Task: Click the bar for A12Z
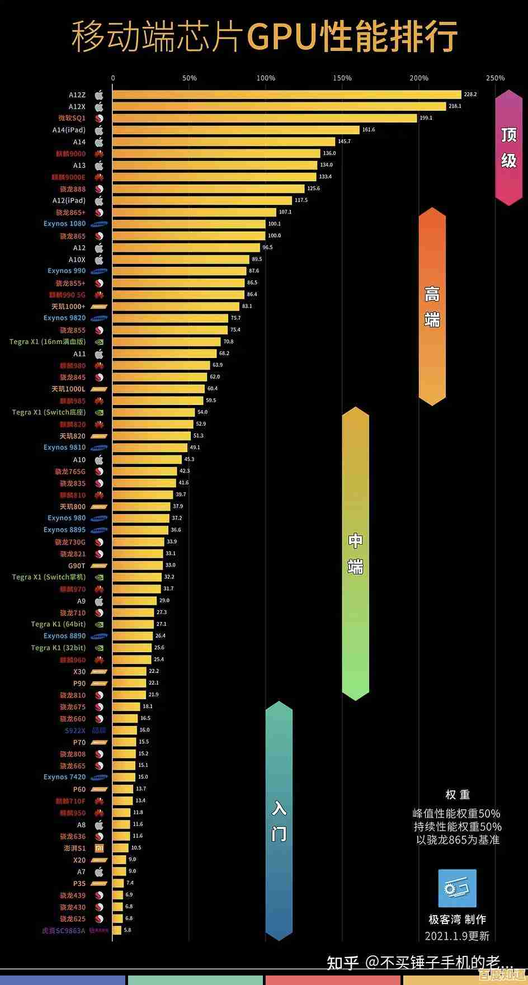[x=286, y=95]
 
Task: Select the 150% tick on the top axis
[x=342, y=78]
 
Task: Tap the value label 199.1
[x=426, y=118]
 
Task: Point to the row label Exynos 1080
[x=64, y=224]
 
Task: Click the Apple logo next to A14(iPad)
[x=99, y=130]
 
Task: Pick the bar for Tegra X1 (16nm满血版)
[x=166, y=342]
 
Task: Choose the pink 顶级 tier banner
[x=508, y=148]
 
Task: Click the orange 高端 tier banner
[x=432, y=306]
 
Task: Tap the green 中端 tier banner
[x=355, y=553]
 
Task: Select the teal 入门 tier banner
[x=279, y=821]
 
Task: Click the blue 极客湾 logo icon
[x=457, y=888]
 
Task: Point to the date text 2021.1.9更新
[x=457, y=936]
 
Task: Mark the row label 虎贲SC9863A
[x=64, y=931]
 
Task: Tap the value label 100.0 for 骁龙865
[x=274, y=235]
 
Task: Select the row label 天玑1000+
[x=68, y=307]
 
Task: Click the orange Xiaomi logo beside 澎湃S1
[x=99, y=848]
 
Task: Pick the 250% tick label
[x=495, y=78]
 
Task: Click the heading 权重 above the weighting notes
[x=457, y=795]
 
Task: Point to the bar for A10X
[x=181, y=260]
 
